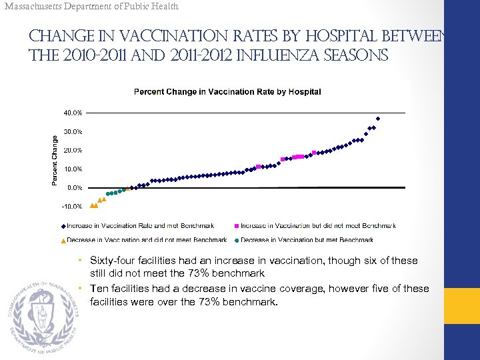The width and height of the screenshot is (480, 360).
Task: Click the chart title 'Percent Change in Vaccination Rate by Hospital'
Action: (227, 91)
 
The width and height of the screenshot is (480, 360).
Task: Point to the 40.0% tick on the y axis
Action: (73, 112)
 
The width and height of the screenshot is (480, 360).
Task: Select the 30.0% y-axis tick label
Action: (73, 131)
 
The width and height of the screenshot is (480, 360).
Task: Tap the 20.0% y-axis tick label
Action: (73, 150)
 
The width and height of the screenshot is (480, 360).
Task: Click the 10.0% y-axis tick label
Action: (73, 169)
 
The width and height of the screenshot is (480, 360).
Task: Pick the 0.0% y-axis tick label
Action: (74, 188)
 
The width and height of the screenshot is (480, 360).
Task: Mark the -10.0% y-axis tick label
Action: (72, 207)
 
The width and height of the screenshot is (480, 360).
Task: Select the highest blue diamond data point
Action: (378, 119)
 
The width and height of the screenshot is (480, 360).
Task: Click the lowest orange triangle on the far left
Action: (92, 206)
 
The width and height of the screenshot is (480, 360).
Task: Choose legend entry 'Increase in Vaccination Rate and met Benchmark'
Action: (140, 226)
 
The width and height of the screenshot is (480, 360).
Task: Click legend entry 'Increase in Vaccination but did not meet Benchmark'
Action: (317, 226)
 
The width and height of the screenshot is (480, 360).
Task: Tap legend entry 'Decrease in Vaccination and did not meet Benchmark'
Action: (147, 240)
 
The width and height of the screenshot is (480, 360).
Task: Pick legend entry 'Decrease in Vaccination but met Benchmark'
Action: (307, 240)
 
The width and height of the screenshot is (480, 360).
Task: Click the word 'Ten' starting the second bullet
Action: (99, 289)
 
